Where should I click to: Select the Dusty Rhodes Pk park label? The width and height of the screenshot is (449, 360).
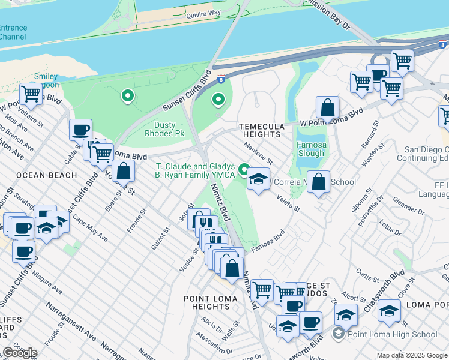(165, 130)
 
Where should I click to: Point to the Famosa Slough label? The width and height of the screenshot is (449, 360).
(311, 149)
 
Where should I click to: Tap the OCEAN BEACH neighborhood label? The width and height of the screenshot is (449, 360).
(47, 175)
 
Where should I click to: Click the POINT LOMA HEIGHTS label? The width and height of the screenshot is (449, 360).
(207, 302)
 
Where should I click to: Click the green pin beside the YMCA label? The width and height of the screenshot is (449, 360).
(244, 169)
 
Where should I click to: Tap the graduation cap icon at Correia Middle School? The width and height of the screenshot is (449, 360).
(258, 179)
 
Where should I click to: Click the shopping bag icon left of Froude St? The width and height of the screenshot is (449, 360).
(123, 171)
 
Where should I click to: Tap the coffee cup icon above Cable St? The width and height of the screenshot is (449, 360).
(80, 129)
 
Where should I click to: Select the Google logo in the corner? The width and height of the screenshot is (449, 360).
(20, 353)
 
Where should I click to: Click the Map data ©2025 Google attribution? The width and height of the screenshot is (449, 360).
(412, 355)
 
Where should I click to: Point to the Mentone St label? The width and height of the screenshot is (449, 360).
(258, 154)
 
